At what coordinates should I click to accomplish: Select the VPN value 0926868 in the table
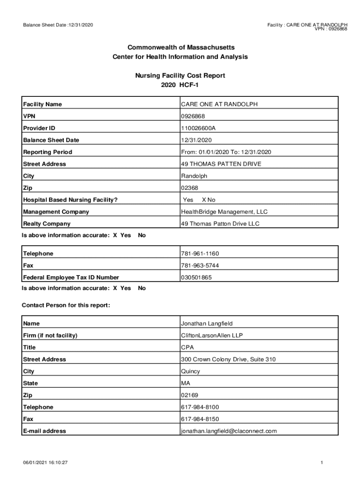coord(193,116)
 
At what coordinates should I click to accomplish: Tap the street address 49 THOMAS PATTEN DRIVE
coord(221,164)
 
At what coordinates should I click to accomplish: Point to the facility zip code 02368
coord(189,188)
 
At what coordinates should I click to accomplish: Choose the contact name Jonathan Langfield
coord(207,324)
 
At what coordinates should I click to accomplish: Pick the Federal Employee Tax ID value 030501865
coord(196,277)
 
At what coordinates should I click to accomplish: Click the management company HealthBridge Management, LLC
coord(224,212)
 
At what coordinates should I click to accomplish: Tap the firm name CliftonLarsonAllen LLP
coord(212,335)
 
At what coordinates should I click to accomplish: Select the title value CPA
coord(187,348)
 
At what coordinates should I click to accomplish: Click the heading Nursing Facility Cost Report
coord(180,75)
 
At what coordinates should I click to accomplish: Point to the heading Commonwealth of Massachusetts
coord(180,48)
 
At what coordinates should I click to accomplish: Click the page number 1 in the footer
coord(322,463)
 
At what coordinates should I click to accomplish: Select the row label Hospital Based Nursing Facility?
coord(70,200)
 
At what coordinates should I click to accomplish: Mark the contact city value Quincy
coord(191,371)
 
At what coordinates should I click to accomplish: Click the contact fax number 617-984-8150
coord(200,419)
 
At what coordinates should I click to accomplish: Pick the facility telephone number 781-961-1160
coord(200,254)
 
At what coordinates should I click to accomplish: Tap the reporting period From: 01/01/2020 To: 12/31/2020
coord(226,152)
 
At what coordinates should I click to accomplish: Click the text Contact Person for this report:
coord(66,305)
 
